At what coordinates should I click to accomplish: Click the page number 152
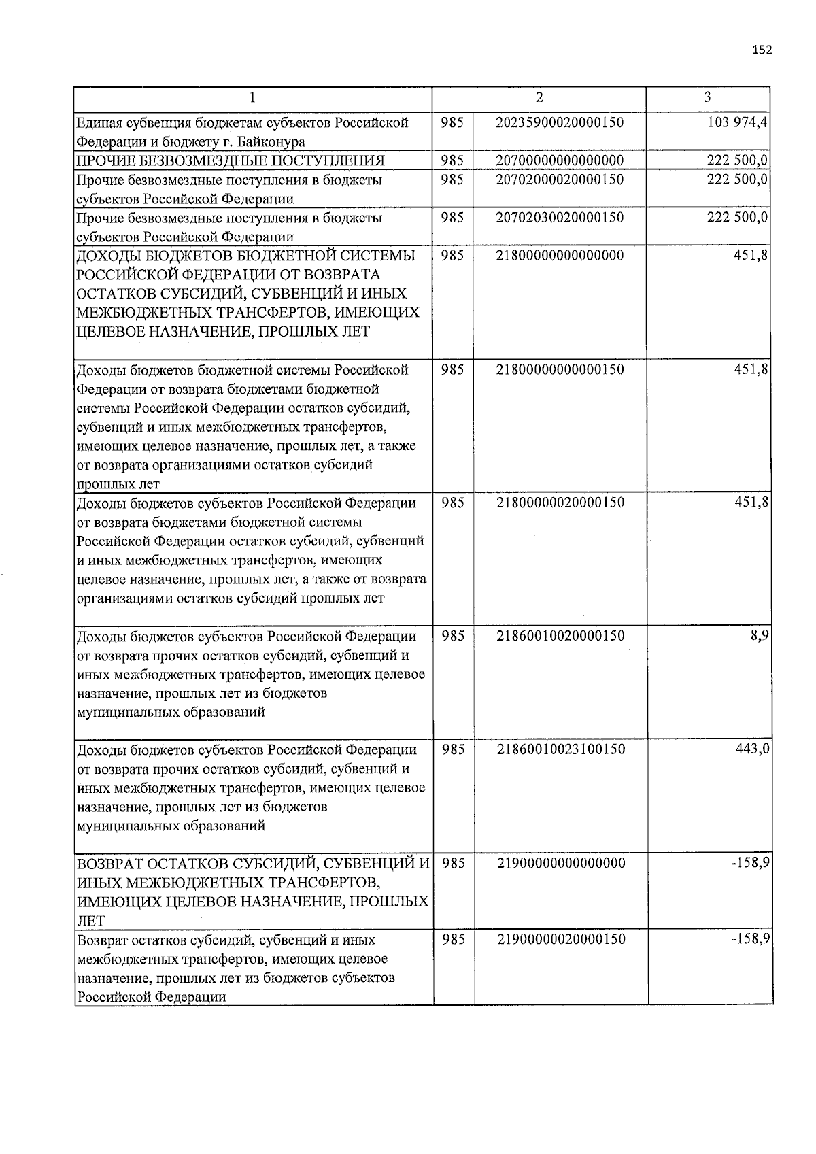pos(762,50)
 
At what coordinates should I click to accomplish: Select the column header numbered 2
pos(539,98)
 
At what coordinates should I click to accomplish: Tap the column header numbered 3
pos(708,98)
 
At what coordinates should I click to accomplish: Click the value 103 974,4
pos(738,122)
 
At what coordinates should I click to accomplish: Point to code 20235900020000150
pos(560,122)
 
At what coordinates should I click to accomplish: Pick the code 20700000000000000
pos(560,160)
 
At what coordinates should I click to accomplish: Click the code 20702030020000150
pos(560,218)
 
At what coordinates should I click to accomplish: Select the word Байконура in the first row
pos(273,142)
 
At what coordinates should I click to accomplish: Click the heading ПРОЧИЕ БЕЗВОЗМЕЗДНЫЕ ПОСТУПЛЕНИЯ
pos(231,160)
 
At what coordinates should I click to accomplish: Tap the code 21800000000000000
pos(560,256)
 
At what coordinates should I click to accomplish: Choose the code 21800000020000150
pos(560,503)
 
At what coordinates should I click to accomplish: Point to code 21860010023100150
pos(560,749)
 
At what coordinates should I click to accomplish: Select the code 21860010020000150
pos(560,636)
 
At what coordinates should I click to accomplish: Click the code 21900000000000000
pos(560,864)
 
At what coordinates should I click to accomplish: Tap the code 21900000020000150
pos(560,940)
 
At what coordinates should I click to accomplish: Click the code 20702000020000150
pos(560,180)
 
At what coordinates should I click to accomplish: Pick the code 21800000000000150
pos(560,370)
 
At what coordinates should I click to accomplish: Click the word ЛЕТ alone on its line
pos(91,921)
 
